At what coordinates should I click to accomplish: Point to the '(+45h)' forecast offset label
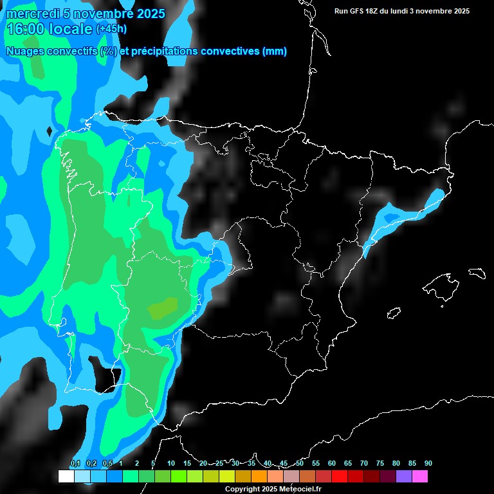coord(111,29)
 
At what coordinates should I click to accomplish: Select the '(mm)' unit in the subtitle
coord(275,51)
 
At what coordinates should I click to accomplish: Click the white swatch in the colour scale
coord(66,477)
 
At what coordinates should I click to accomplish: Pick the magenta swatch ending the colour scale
coord(420,477)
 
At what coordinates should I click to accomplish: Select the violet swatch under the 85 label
coord(404,477)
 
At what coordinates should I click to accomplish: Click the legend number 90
coord(428,463)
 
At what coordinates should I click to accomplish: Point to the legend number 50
coord(300,463)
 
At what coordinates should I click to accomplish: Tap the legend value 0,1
coord(75,463)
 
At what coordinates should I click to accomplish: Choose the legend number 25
coord(219,463)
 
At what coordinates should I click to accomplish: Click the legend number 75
coord(380,463)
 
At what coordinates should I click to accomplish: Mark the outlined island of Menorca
coord(477,273)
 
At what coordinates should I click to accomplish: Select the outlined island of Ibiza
coord(394,313)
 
